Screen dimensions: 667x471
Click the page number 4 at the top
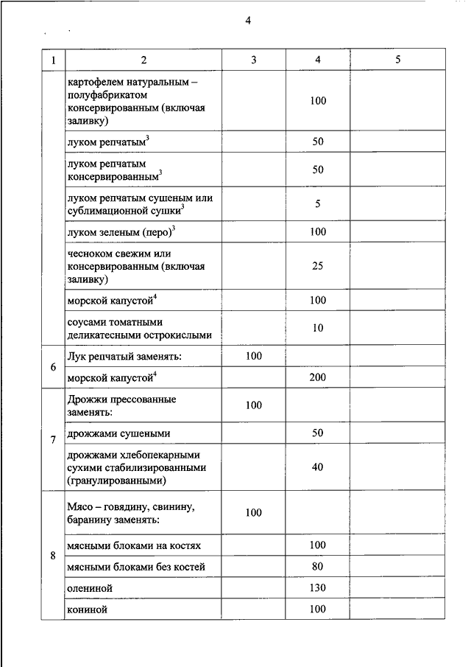coord(248,21)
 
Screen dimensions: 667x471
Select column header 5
coord(397,60)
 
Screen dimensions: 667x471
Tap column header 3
coord(253,60)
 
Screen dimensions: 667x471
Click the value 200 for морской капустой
coord(317,377)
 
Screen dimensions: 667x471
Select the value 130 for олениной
coord(317,587)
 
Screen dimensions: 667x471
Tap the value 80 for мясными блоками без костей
coord(317,567)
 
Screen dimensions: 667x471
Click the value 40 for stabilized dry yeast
coord(317,467)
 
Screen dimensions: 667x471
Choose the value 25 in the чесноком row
coord(317,266)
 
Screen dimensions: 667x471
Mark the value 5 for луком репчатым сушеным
coord(317,204)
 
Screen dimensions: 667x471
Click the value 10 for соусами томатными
coord(317,328)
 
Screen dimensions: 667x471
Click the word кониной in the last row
coord(87,610)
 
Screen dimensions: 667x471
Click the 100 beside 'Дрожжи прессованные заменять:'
coord(253,405)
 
